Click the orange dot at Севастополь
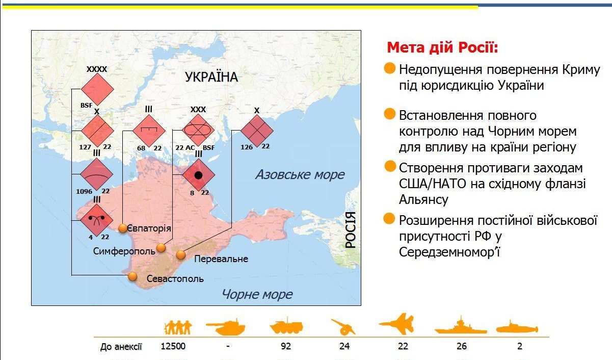tap(132, 276)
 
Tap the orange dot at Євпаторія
tap(123, 228)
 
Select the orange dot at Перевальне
tap(180, 255)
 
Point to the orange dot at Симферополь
tap(161, 248)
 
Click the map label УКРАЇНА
tap(211, 77)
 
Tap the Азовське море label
tap(300, 174)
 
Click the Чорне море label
tap(257, 294)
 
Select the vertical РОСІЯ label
tap(351, 230)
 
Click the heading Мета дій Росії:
tap(443, 47)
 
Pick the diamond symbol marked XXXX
tap(97, 89)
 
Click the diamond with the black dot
tap(199, 175)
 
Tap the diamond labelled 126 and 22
tap(257, 131)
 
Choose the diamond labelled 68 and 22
tap(149, 131)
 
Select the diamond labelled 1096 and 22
tap(97, 174)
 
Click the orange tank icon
tap(225, 327)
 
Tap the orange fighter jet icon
tap(397, 324)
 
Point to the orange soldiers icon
tap(178, 327)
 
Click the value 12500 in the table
tap(173, 346)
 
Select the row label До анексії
tap(121, 347)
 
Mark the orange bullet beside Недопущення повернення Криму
tap(390, 68)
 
